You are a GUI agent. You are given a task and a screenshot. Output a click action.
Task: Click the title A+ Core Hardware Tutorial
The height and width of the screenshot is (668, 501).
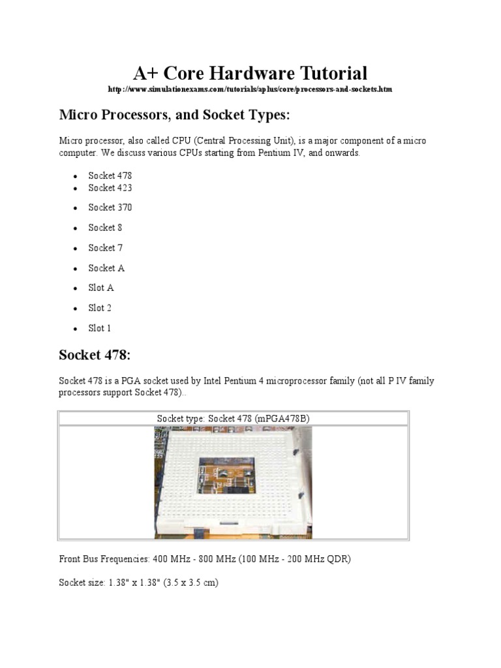click(250, 72)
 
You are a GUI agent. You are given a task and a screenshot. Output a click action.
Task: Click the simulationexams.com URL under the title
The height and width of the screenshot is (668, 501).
click(250, 88)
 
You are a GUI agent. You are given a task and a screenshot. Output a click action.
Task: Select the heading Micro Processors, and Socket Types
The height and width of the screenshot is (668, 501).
click(174, 115)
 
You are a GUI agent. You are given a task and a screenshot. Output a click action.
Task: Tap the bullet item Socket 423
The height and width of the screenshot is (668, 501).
click(110, 188)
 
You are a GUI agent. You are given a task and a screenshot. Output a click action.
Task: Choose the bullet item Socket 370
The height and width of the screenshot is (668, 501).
click(110, 207)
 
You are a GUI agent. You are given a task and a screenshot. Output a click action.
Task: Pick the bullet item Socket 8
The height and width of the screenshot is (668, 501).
click(105, 228)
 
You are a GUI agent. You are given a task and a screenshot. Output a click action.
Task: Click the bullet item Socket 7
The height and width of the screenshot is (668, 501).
click(105, 248)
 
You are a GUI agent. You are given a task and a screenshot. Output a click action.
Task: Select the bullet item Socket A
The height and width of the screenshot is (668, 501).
click(106, 268)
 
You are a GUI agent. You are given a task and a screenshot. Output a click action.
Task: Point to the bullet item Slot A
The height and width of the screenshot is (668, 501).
click(101, 288)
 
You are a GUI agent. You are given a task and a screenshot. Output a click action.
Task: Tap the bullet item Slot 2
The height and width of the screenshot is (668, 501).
click(100, 308)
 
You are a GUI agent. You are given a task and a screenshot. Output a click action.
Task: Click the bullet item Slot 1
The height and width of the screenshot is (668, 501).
click(100, 328)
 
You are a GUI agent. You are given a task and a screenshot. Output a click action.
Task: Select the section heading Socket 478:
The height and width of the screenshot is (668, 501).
click(95, 355)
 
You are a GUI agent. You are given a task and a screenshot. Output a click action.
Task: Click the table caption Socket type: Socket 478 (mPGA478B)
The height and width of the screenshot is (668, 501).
click(234, 418)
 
